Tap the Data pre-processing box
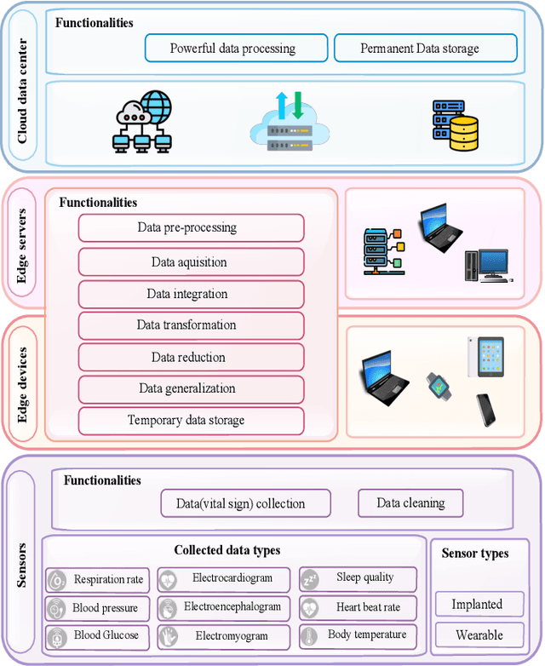point(191,228)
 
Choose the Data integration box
point(191,294)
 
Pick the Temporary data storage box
point(191,420)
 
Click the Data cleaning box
point(410,502)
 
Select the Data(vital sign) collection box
point(245,503)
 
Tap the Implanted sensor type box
point(476,605)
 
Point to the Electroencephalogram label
point(232,607)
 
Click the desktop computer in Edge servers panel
point(485,265)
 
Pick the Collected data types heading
point(227,550)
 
